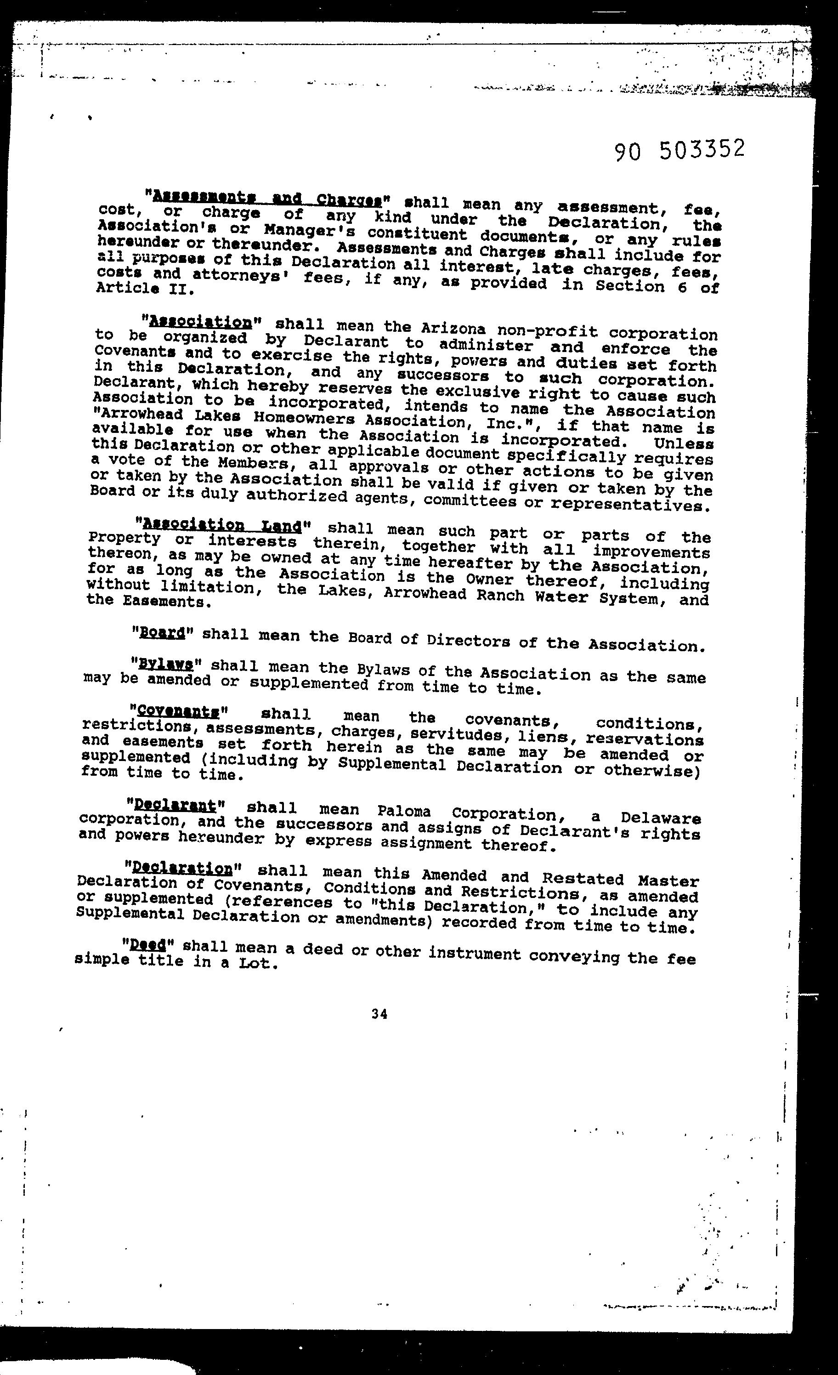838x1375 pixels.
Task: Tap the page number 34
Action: pyautogui.click(x=379, y=1014)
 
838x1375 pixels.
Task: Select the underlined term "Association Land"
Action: pyautogui.click(x=222, y=525)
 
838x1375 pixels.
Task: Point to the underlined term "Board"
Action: pyautogui.click(x=162, y=633)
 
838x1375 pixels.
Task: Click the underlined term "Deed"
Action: pyautogui.click(x=148, y=944)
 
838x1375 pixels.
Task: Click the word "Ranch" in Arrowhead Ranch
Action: pyautogui.click(x=500, y=595)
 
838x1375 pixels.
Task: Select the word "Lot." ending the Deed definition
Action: pyautogui.click(x=258, y=963)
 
